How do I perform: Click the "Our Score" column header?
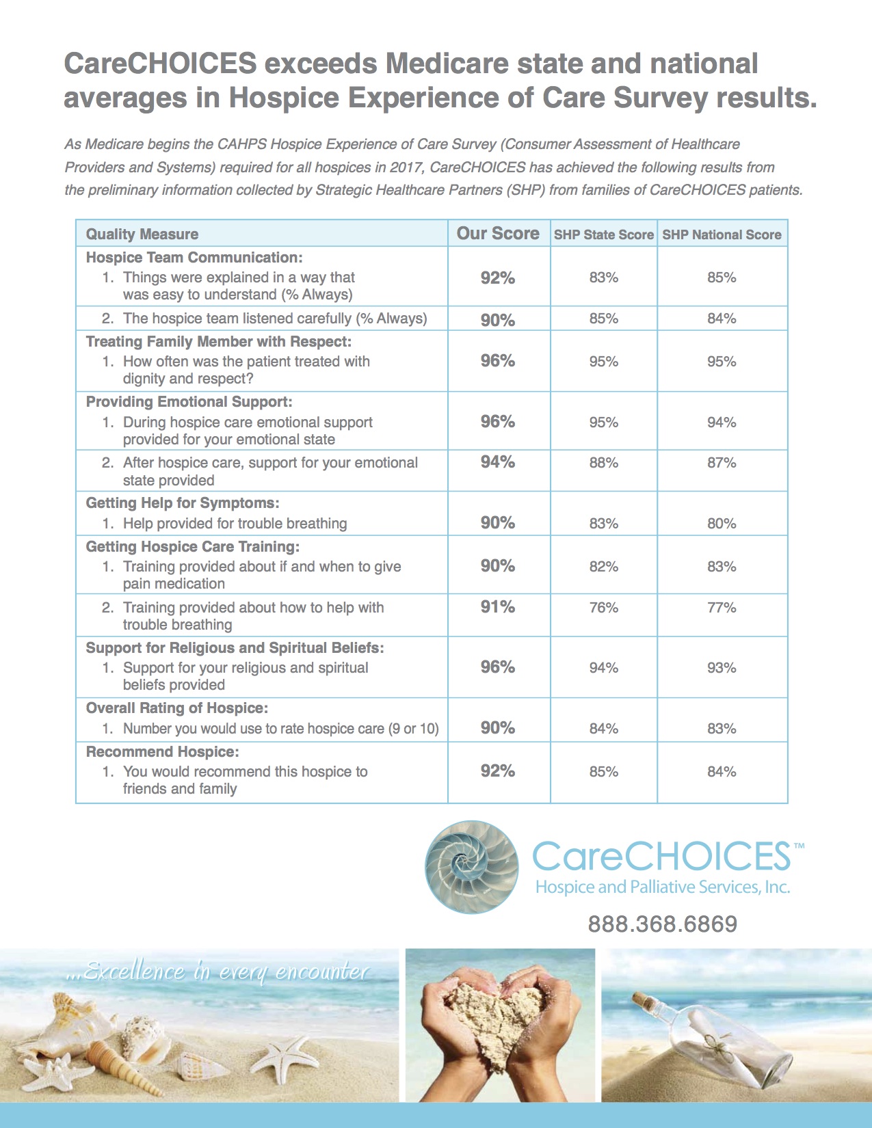[498, 234]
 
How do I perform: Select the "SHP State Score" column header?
[603, 234]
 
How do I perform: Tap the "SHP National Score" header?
[722, 234]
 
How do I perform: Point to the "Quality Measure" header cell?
[142, 234]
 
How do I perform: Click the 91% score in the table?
[498, 607]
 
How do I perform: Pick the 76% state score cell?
[604, 608]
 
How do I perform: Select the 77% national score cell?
[722, 608]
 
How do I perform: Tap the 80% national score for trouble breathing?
[722, 524]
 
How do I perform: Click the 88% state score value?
[604, 463]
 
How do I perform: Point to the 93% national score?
[722, 668]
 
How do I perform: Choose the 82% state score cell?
[604, 567]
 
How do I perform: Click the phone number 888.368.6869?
[663, 924]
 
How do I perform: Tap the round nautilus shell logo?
[471, 867]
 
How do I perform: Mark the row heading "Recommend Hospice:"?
[163, 752]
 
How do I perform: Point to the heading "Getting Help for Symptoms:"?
[183, 503]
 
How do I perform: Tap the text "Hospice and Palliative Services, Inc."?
[663, 887]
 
